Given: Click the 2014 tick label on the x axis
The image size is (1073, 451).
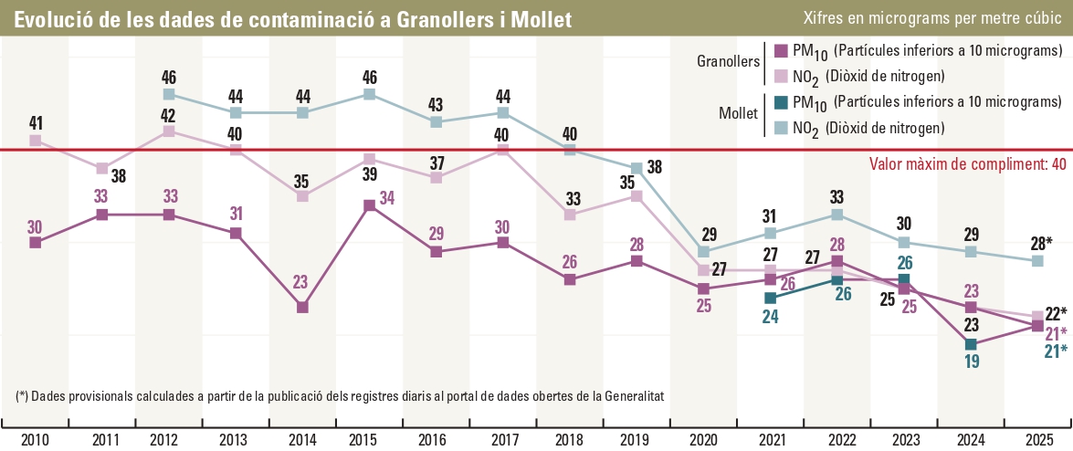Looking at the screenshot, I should [303, 439].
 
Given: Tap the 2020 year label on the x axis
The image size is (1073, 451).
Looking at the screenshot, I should [704, 439].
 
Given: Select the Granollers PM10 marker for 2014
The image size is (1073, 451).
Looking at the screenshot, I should [303, 308].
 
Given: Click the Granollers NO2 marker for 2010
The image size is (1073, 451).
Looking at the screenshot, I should [36, 141].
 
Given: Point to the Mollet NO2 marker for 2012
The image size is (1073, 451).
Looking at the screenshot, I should [169, 94].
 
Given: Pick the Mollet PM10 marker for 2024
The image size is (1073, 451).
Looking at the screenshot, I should [972, 344].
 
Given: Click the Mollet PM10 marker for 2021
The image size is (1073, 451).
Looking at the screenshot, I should [771, 298].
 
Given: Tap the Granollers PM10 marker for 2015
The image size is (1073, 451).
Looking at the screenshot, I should [370, 205].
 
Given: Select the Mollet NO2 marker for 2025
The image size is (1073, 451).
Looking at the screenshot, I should [1038, 261].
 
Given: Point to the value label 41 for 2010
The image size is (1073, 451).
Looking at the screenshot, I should [36, 121].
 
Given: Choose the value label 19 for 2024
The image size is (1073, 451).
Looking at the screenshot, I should [972, 362].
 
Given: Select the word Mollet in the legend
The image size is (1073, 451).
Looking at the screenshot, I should [739, 114].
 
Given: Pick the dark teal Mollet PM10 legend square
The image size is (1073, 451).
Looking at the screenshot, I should [781, 101].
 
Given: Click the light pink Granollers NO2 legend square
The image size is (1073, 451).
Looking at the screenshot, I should [781, 76].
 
